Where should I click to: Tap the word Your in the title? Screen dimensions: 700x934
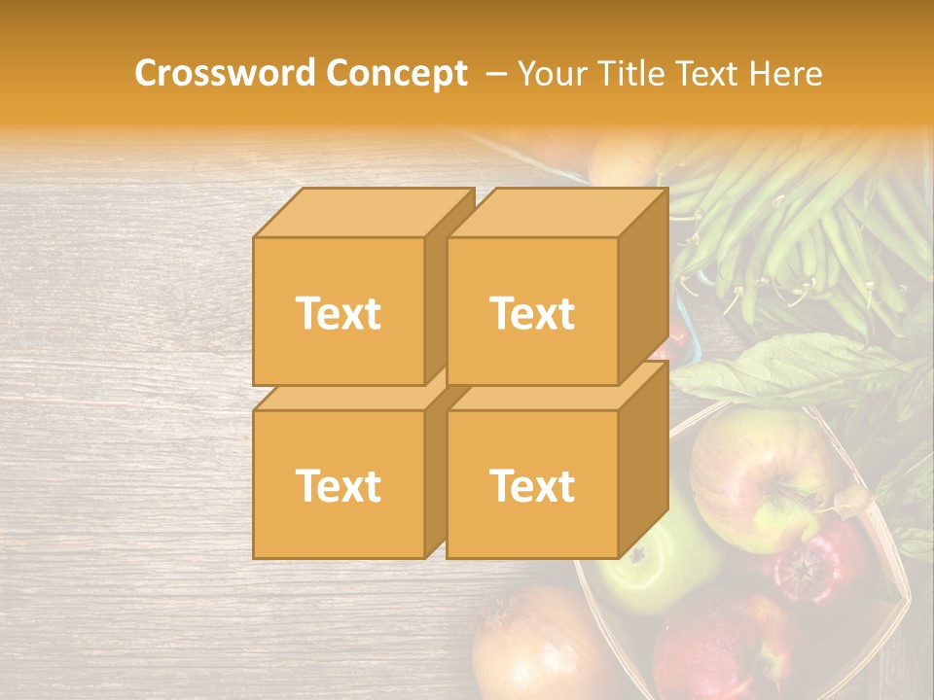[551, 73]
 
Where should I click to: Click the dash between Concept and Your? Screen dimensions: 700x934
[495, 74]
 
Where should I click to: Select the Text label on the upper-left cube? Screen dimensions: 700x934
[339, 313]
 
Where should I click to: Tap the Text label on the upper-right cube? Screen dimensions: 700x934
[532, 313]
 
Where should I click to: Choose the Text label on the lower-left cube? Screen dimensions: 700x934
[339, 485]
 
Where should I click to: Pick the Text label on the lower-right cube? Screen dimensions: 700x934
[532, 485]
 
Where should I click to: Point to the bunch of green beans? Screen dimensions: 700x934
[788, 224]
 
